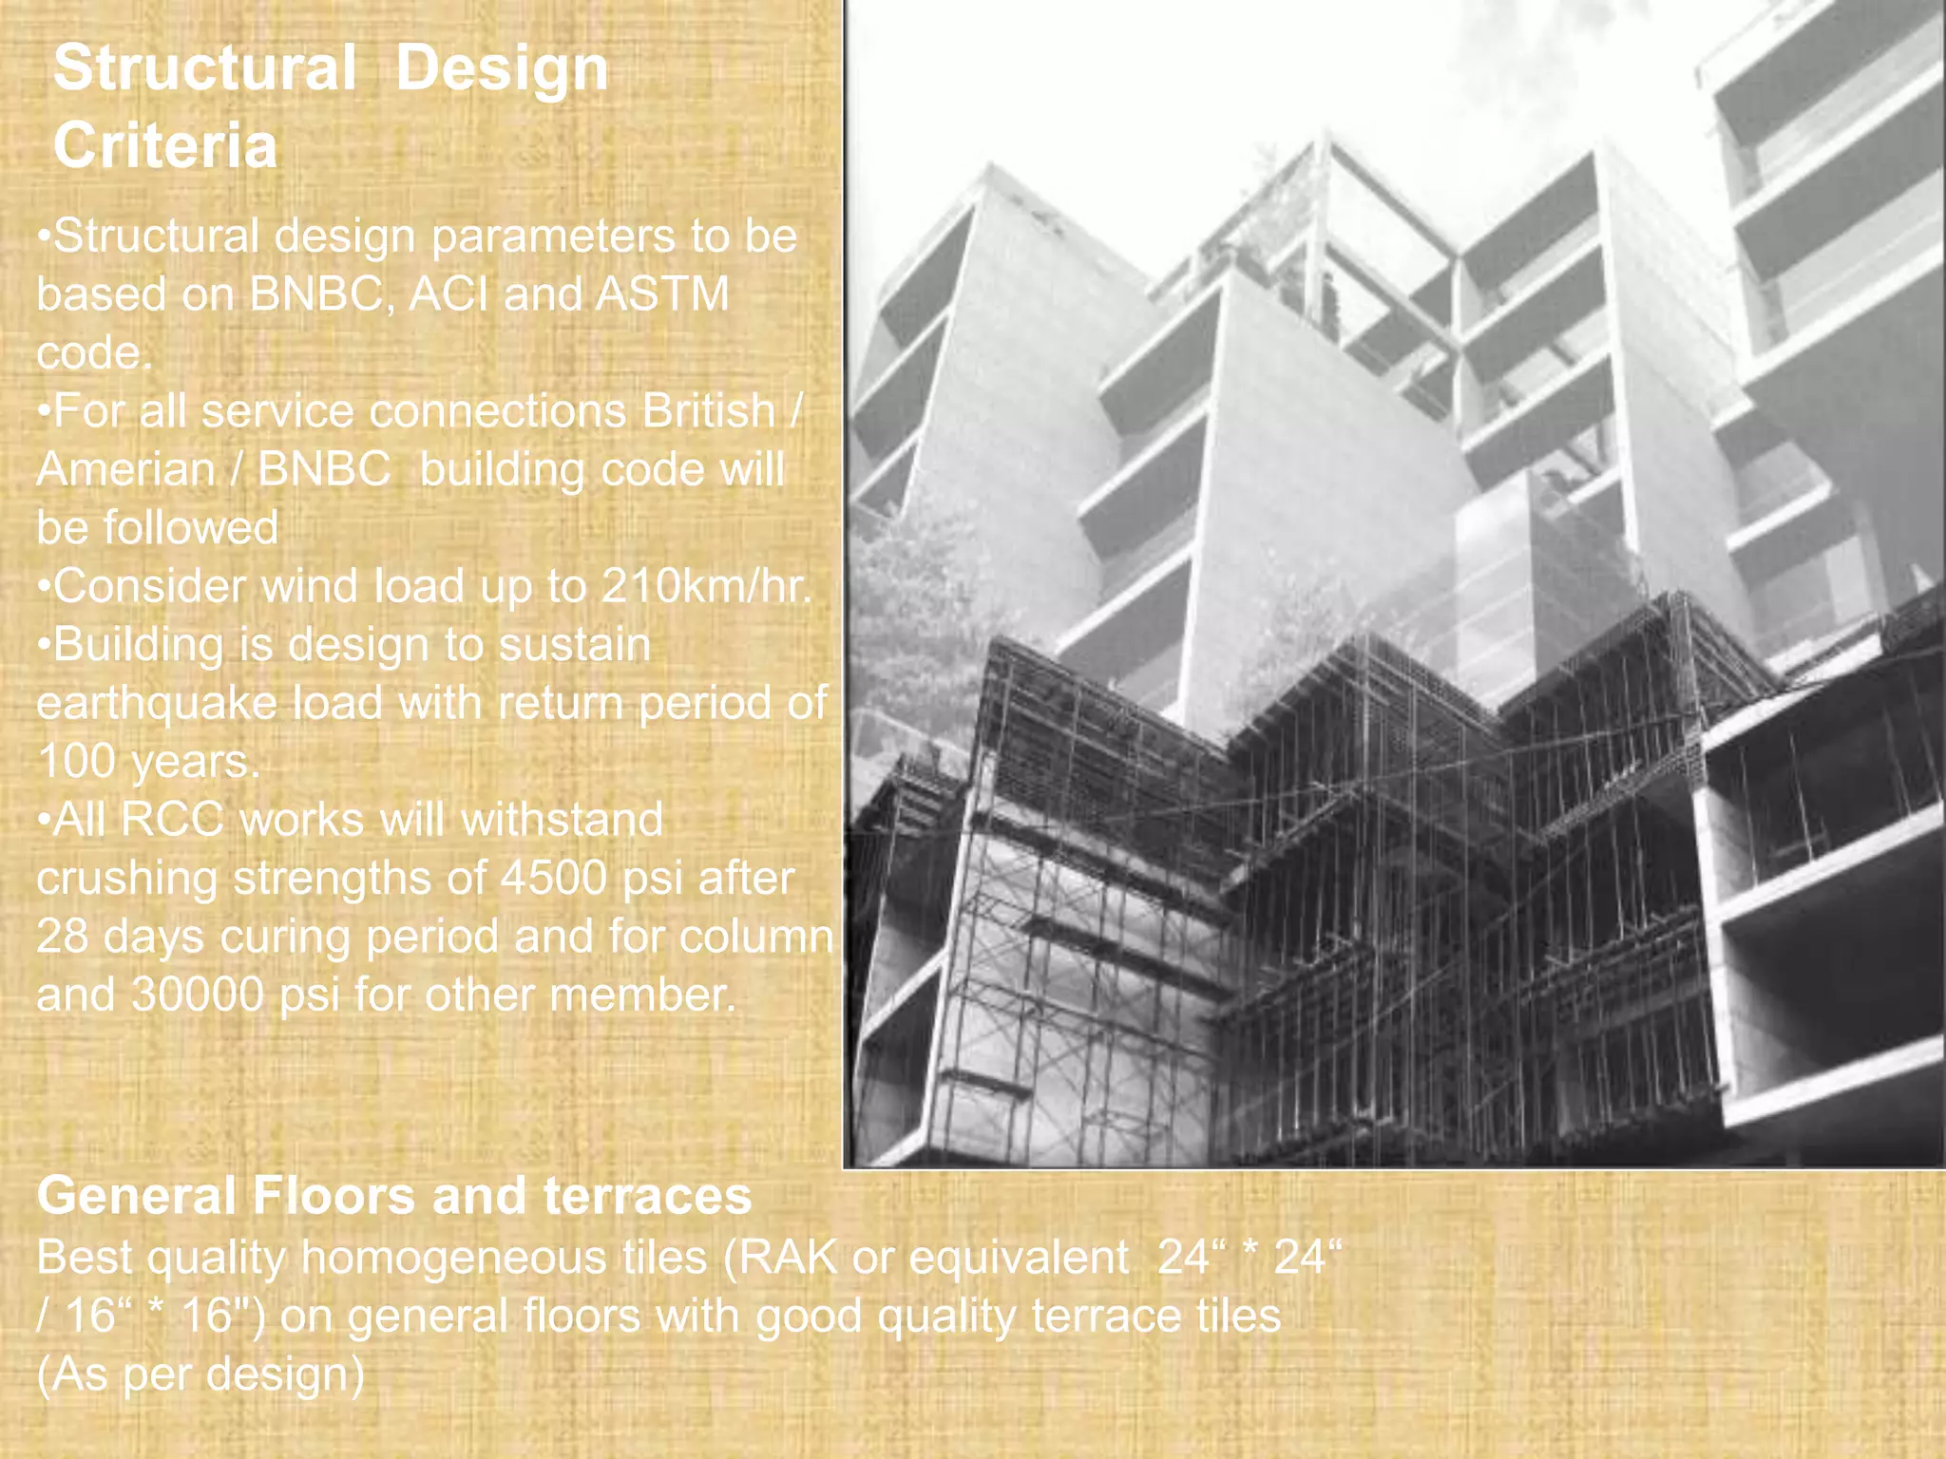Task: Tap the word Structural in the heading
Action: [x=204, y=68]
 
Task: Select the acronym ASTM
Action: [x=662, y=294]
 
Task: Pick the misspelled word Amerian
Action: [x=125, y=469]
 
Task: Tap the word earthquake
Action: [x=155, y=704]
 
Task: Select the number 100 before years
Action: [x=75, y=762]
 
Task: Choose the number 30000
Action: [x=197, y=995]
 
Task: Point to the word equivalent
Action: [x=1019, y=1258]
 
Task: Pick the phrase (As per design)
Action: [x=200, y=1374]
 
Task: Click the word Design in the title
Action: [x=501, y=68]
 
